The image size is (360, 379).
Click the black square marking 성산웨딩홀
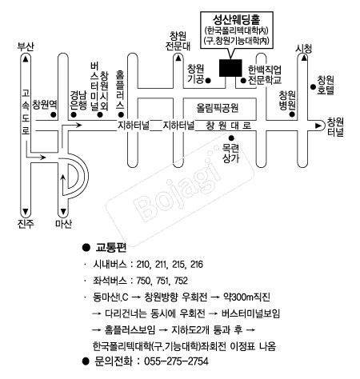pyautogui.click(x=230, y=68)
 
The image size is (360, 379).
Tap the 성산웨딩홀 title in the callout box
pyautogui.click(x=237, y=19)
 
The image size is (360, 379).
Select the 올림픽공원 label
pyautogui.click(x=218, y=108)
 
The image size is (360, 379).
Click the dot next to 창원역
pyautogui.click(x=54, y=114)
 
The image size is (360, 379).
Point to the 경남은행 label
pyautogui.click(x=78, y=100)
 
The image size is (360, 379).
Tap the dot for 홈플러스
pyautogui.click(x=121, y=114)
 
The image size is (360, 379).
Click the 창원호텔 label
pyautogui.click(x=326, y=86)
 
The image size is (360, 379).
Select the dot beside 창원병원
pyautogui.click(x=292, y=114)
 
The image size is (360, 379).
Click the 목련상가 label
pyautogui.click(x=231, y=154)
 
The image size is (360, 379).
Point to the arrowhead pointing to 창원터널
pyautogui.click(x=318, y=126)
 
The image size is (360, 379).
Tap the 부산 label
pyautogui.click(x=26, y=46)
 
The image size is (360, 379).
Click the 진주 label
pyautogui.click(x=26, y=223)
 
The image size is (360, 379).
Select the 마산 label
pyautogui.click(x=63, y=223)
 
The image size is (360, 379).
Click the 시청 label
pyautogui.click(x=303, y=49)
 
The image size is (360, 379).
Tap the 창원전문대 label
pyautogui.click(x=178, y=41)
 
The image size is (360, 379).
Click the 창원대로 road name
pyautogui.click(x=229, y=126)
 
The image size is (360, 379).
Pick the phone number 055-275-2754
pyautogui.click(x=176, y=361)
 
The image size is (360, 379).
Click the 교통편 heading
pyautogui.click(x=111, y=248)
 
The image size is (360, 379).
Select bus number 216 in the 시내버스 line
pyautogui.click(x=197, y=265)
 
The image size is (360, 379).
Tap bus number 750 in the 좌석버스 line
pyautogui.click(x=144, y=281)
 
